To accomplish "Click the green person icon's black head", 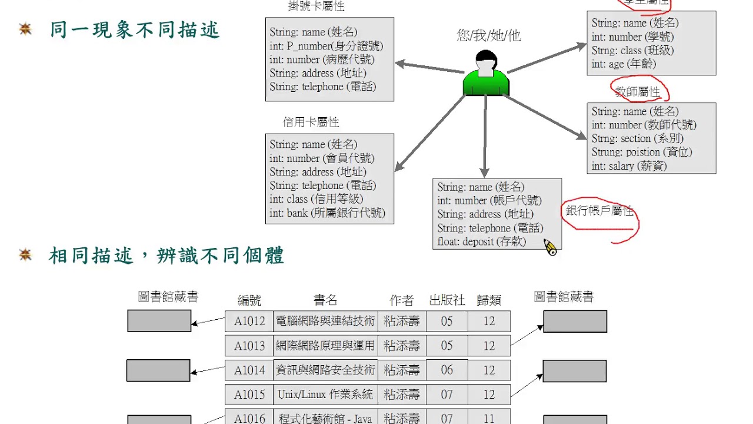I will pos(485,59).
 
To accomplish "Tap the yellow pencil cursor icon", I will pos(550,247).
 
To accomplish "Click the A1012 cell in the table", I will pos(249,321).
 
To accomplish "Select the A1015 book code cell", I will pos(249,395).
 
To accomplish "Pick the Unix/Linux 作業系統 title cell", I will pos(325,395).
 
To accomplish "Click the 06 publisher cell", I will pos(447,370).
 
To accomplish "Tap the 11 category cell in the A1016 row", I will pos(489,418).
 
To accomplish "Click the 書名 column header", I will pos(325,300).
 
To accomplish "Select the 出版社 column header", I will pos(447,300).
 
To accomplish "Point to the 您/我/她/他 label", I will pos(489,36).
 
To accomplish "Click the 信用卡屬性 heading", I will pos(311,122).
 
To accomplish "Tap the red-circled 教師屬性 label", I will pos(638,92).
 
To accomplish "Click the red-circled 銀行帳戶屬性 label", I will pos(599,211).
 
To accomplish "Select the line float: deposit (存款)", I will pos(482,241).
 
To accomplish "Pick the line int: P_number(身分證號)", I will pos(326,46).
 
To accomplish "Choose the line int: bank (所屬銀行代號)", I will pos(328,213).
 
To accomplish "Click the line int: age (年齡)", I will pos(624,64).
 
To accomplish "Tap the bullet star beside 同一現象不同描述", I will pos(25,29).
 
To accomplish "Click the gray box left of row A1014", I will pos(158,370).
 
